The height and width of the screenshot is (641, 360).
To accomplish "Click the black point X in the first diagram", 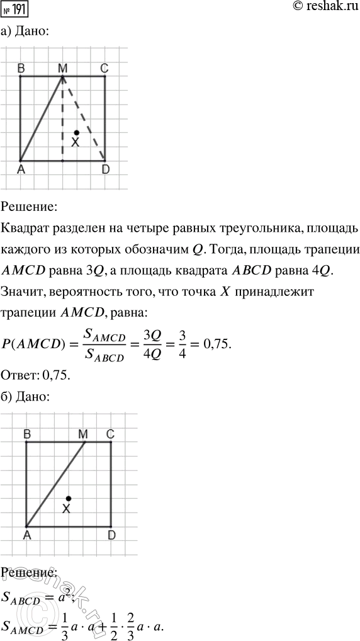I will point(76,133).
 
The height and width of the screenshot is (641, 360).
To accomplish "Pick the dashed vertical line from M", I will point(62,120).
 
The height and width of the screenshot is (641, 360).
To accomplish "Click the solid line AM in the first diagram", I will point(42,118).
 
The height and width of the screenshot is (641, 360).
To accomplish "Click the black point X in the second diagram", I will point(69,497).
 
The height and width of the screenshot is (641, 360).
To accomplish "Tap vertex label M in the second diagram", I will point(83,434).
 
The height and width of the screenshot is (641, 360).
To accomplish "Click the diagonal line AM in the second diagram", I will point(55,484).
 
